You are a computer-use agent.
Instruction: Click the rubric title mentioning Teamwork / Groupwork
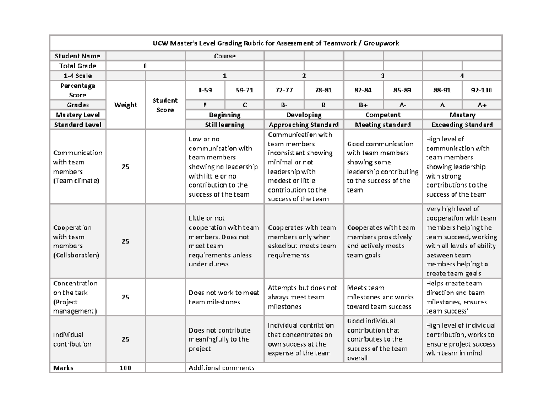pos(276,43)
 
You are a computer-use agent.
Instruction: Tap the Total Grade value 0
pos(145,66)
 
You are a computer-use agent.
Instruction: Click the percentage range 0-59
pos(205,90)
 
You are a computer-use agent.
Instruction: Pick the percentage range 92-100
pos(482,90)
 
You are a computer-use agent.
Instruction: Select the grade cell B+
pos(363,105)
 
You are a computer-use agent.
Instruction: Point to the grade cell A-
pos(403,105)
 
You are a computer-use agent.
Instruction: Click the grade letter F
pos(205,105)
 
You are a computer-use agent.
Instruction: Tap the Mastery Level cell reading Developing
pos(304,115)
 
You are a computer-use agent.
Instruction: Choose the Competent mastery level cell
pos(383,115)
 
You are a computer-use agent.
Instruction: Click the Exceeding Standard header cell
pos(462,125)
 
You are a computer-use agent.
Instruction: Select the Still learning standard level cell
pos(224,125)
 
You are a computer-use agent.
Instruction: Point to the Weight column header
pos(126,105)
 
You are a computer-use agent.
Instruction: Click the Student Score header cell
pos(165,105)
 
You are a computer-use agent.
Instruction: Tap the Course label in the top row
pos(225,56)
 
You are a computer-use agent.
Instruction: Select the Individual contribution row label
pos(72,339)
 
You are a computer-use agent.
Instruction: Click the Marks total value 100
pos(126,368)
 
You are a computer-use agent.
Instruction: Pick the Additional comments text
pos(222,368)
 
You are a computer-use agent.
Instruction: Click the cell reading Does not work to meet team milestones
pos(224,297)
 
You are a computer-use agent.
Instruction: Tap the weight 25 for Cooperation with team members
pos(126,241)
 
